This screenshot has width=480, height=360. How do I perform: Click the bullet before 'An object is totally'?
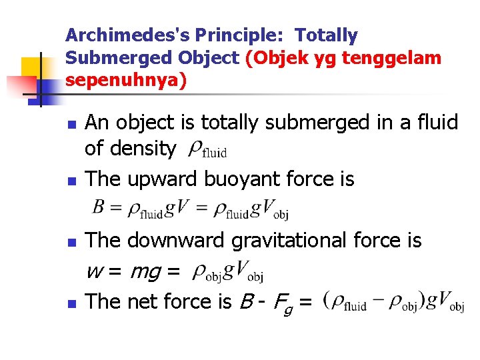(72, 125)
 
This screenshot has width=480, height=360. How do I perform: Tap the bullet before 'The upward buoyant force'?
(72, 181)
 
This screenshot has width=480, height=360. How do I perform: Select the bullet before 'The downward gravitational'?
(72, 242)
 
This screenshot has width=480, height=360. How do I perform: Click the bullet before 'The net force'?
(72, 304)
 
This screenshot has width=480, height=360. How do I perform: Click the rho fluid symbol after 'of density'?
(207, 149)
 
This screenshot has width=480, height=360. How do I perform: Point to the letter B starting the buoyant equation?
(98, 209)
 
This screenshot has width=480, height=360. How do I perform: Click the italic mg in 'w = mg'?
(145, 271)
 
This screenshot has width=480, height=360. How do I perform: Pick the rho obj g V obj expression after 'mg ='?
(227, 272)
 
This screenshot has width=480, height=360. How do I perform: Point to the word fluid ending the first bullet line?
(433, 123)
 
